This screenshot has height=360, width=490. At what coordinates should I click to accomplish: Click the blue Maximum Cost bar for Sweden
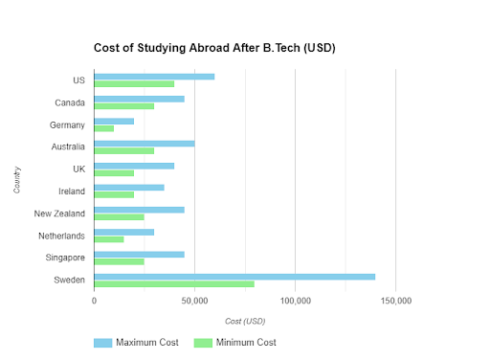click(234, 277)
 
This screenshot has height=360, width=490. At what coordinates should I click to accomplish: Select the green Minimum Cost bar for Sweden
click(174, 283)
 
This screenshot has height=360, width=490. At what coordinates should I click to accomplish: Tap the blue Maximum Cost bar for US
click(154, 77)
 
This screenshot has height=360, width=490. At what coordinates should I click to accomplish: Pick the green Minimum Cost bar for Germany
click(104, 128)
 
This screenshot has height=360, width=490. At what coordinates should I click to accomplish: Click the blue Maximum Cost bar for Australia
click(145, 144)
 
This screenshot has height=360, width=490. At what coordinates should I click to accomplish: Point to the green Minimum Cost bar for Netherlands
click(109, 239)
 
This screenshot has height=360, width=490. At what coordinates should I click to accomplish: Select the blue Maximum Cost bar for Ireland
click(129, 188)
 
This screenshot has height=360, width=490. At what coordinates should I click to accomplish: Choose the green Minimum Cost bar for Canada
click(124, 106)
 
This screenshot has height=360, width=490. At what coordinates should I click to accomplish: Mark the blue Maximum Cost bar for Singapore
click(139, 255)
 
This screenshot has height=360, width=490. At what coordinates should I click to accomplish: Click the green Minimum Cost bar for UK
click(114, 172)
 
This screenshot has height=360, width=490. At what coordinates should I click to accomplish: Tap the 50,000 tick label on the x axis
click(194, 301)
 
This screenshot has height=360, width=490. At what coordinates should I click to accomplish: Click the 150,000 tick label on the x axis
click(396, 301)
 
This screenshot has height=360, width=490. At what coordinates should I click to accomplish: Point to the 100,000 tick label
click(295, 301)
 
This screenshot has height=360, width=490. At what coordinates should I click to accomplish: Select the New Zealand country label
click(59, 214)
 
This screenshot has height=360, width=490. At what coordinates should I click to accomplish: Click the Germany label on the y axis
click(67, 124)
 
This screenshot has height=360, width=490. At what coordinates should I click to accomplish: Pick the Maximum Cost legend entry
click(135, 342)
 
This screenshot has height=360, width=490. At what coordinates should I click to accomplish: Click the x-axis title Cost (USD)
click(245, 320)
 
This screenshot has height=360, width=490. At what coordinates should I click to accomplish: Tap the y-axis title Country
click(18, 179)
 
